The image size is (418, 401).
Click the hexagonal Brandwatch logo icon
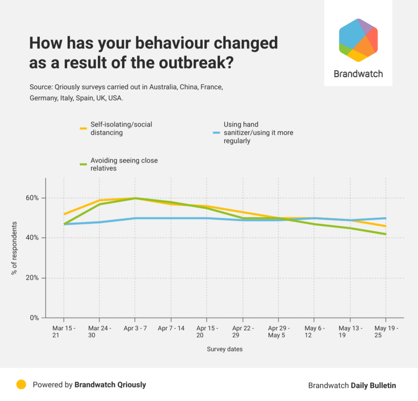tap(358, 40)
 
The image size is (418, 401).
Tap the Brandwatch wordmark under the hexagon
tap(358, 74)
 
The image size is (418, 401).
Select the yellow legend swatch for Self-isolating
tap(83, 129)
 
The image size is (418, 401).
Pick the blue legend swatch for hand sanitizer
tap(217, 133)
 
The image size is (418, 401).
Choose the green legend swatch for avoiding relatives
tap(83, 164)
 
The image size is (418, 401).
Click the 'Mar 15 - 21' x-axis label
tap(64, 331)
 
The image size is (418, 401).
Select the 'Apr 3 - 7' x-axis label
tap(135, 328)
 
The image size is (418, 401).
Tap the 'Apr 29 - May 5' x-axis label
tap(278, 331)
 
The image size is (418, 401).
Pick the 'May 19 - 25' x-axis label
tap(386, 331)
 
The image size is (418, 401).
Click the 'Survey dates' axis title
tap(225, 349)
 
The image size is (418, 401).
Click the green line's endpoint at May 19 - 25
tap(386, 234)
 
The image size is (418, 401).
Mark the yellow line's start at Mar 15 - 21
tap(64, 214)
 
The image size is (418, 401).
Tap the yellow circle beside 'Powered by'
tap(21, 385)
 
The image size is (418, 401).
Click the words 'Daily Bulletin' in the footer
tap(373, 385)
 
